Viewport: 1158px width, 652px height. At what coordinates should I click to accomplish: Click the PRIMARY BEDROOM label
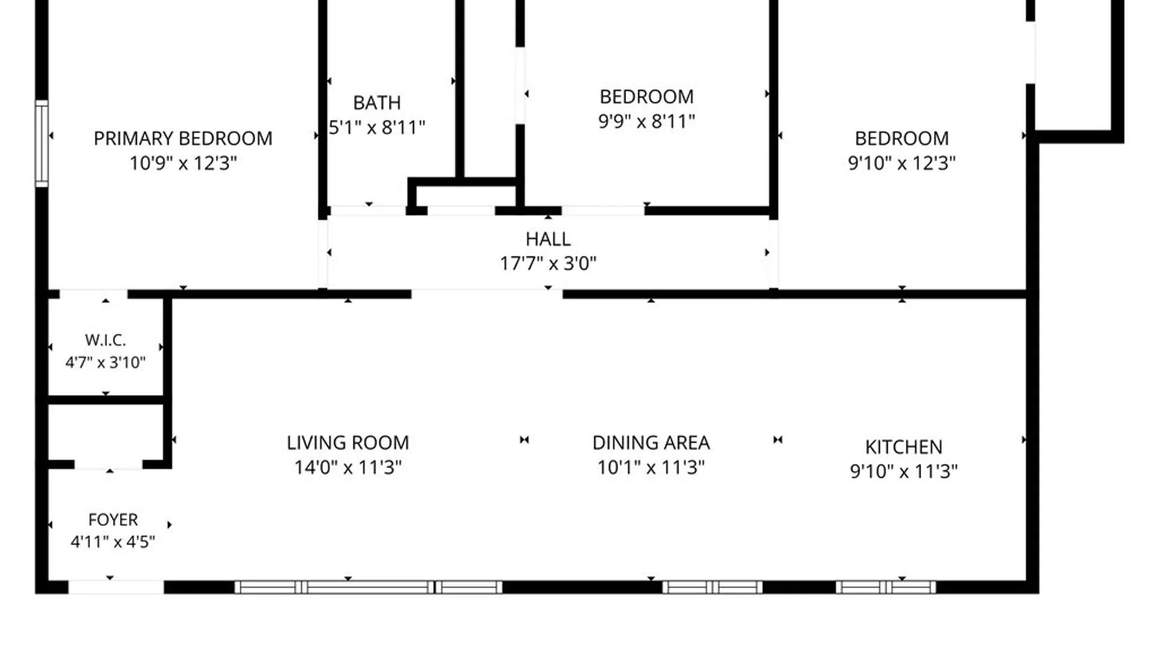[183, 138]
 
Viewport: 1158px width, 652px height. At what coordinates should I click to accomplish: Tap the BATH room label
[377, 103]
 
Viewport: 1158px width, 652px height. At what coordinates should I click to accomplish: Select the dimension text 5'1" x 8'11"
[377, 127]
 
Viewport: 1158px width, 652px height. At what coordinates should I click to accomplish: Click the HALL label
[548, 239]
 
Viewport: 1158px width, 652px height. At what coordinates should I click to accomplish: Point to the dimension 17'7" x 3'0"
[548, 263]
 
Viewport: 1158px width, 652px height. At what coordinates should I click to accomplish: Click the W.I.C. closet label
[106, 340]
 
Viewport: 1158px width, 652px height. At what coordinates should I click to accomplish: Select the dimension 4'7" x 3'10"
[106, 362]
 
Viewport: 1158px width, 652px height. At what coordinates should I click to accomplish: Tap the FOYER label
[113, 520]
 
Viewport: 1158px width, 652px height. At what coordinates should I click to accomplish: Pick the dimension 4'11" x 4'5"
[113, 542]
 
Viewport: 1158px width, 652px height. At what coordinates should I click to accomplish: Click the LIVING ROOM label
[348, 443]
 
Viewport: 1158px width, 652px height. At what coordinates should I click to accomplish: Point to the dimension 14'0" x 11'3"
[348, 467]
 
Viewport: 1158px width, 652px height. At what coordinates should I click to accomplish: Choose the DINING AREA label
[651, 443]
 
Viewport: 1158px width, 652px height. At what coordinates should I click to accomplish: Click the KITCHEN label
[903, 447]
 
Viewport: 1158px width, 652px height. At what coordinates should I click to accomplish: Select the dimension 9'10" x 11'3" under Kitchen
[903, 471]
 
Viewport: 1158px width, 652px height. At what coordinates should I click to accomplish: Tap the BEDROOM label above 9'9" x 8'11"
[647, 97]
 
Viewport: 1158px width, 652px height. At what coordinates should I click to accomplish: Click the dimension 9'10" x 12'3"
[902, 163]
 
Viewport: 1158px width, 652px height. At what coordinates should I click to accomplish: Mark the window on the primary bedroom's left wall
[42, 144]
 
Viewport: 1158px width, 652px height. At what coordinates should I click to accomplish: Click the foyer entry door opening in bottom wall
[116, 587]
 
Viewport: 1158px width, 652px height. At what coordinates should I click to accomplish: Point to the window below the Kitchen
[886, 587]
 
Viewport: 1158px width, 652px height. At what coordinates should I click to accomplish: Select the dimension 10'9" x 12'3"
[183, 163]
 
